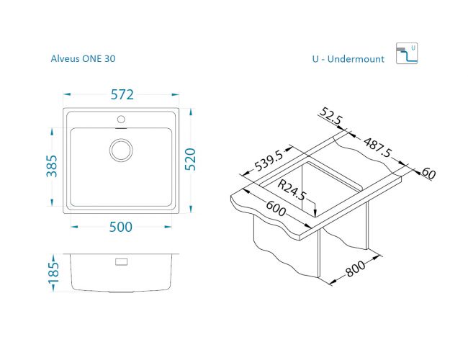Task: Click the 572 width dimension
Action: (x=122, y=94)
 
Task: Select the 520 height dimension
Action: (x=190, y=159)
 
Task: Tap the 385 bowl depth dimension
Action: (x=52, y=166)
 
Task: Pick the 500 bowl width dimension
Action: (x=120, y=227)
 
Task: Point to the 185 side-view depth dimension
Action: (x=53, y=273)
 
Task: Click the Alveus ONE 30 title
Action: (x=83, y=58)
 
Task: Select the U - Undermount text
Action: (x=348, y=59)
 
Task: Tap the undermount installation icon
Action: (x=407, y=53)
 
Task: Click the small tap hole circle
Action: (x=121, y=120)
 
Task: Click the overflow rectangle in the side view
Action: (x=121, y=262)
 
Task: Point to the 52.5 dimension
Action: (x=330, y=116)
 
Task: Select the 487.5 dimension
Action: (x=377, y=147)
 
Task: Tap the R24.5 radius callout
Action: (x=292, y=190)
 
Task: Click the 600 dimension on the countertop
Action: (x=276, y=208)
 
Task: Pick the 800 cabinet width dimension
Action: (x=355, y=269)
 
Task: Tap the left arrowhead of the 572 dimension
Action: (x=67, y=94)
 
